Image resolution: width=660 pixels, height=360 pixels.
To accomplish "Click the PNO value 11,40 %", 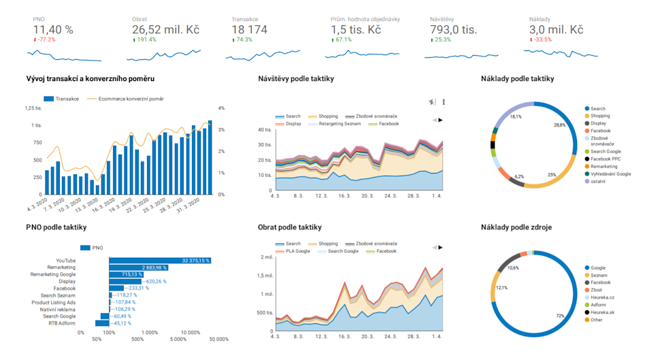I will tap(53, 30).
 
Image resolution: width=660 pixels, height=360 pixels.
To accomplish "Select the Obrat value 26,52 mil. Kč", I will tap(165, 30).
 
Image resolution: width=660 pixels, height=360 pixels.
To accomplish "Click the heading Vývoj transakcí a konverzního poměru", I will tap(90, 79).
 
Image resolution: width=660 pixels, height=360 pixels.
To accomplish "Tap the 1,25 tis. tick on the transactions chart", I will tap(33, 108).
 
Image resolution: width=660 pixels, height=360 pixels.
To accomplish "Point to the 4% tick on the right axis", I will tap(221, 108).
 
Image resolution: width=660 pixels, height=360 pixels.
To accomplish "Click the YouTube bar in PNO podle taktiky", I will tap(161, 260).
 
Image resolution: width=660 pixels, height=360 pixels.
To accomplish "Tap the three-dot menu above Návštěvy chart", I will tap(444, 102).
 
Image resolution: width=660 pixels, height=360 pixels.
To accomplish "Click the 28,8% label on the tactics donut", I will tap(560, 125).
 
